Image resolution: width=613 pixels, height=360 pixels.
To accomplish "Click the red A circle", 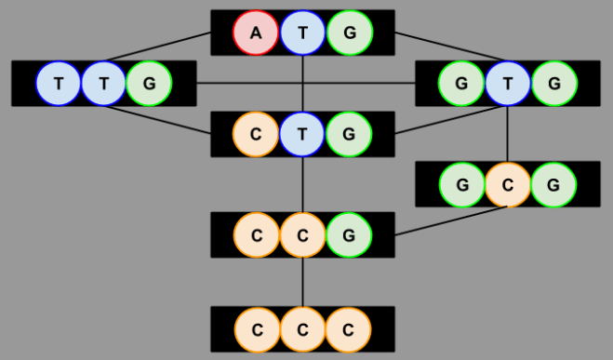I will click(257, 33).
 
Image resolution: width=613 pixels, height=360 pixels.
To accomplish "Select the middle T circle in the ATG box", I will click(303, 33).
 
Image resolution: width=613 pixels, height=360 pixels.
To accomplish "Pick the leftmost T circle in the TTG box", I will click(60, 84).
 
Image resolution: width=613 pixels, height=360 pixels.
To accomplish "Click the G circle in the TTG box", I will click(149, 84).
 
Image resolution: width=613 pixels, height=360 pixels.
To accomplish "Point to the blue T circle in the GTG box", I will click(508, 84).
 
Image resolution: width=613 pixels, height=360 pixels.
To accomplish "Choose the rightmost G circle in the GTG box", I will click(554, 84).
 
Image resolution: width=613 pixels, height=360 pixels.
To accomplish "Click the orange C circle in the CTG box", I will click(257, 134).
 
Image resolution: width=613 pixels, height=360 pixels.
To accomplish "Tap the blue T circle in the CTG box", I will click(303, 134).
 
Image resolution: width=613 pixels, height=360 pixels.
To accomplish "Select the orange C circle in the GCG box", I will click(508, 184).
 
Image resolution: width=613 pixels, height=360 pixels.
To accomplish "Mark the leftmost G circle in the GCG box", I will click(462, 184).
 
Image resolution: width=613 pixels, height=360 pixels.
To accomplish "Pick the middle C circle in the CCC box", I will click(303, 329).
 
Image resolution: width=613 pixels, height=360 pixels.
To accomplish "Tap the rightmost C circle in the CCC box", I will click(348, 329).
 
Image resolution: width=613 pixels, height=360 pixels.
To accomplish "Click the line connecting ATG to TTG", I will click(158, 47).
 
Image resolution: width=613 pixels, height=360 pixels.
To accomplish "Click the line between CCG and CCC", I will click(303, 282).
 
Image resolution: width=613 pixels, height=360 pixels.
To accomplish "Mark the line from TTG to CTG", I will click(158, 120).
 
